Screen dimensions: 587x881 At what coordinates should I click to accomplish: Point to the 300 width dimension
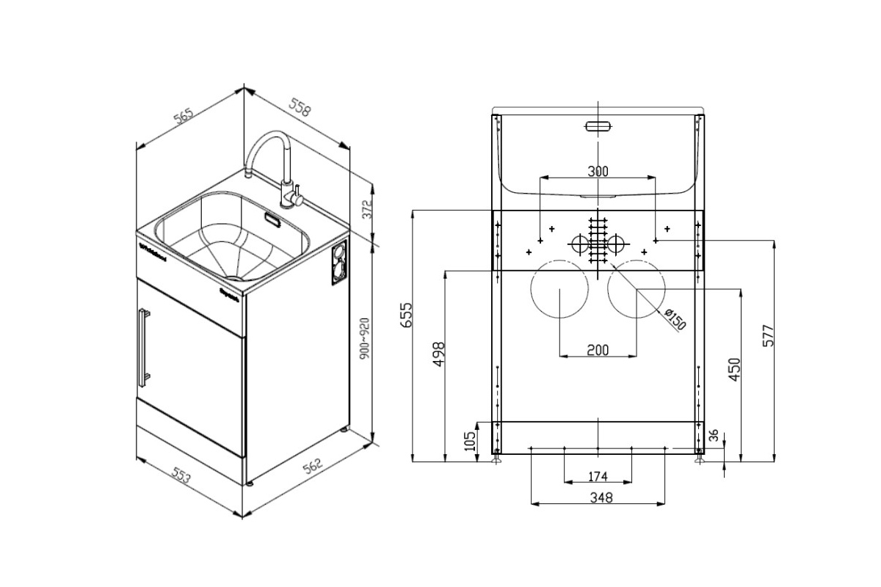[598, 172]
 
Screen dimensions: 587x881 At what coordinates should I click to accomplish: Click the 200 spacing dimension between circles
[598, 350]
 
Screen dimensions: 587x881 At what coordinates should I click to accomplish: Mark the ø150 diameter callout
[673, 320]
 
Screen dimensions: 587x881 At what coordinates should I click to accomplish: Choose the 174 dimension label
[598, 477]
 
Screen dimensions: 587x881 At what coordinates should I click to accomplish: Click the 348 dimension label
[598, 497]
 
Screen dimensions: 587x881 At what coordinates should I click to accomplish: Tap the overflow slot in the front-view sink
[598, 125]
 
